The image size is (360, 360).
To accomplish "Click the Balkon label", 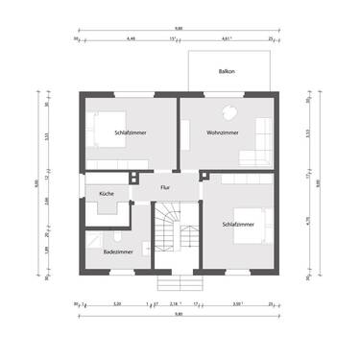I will pyautogui.click(x=227, y=71).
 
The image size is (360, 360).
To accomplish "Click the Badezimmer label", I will pyautogui.click(x=117, y=252).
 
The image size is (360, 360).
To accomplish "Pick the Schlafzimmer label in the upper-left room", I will pyautogui.click(x=130, y=132).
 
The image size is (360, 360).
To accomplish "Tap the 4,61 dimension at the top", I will pyautogui.click(x=226, y=39).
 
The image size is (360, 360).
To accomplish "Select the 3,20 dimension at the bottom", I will pyautogui.click(x=116, y=303).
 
